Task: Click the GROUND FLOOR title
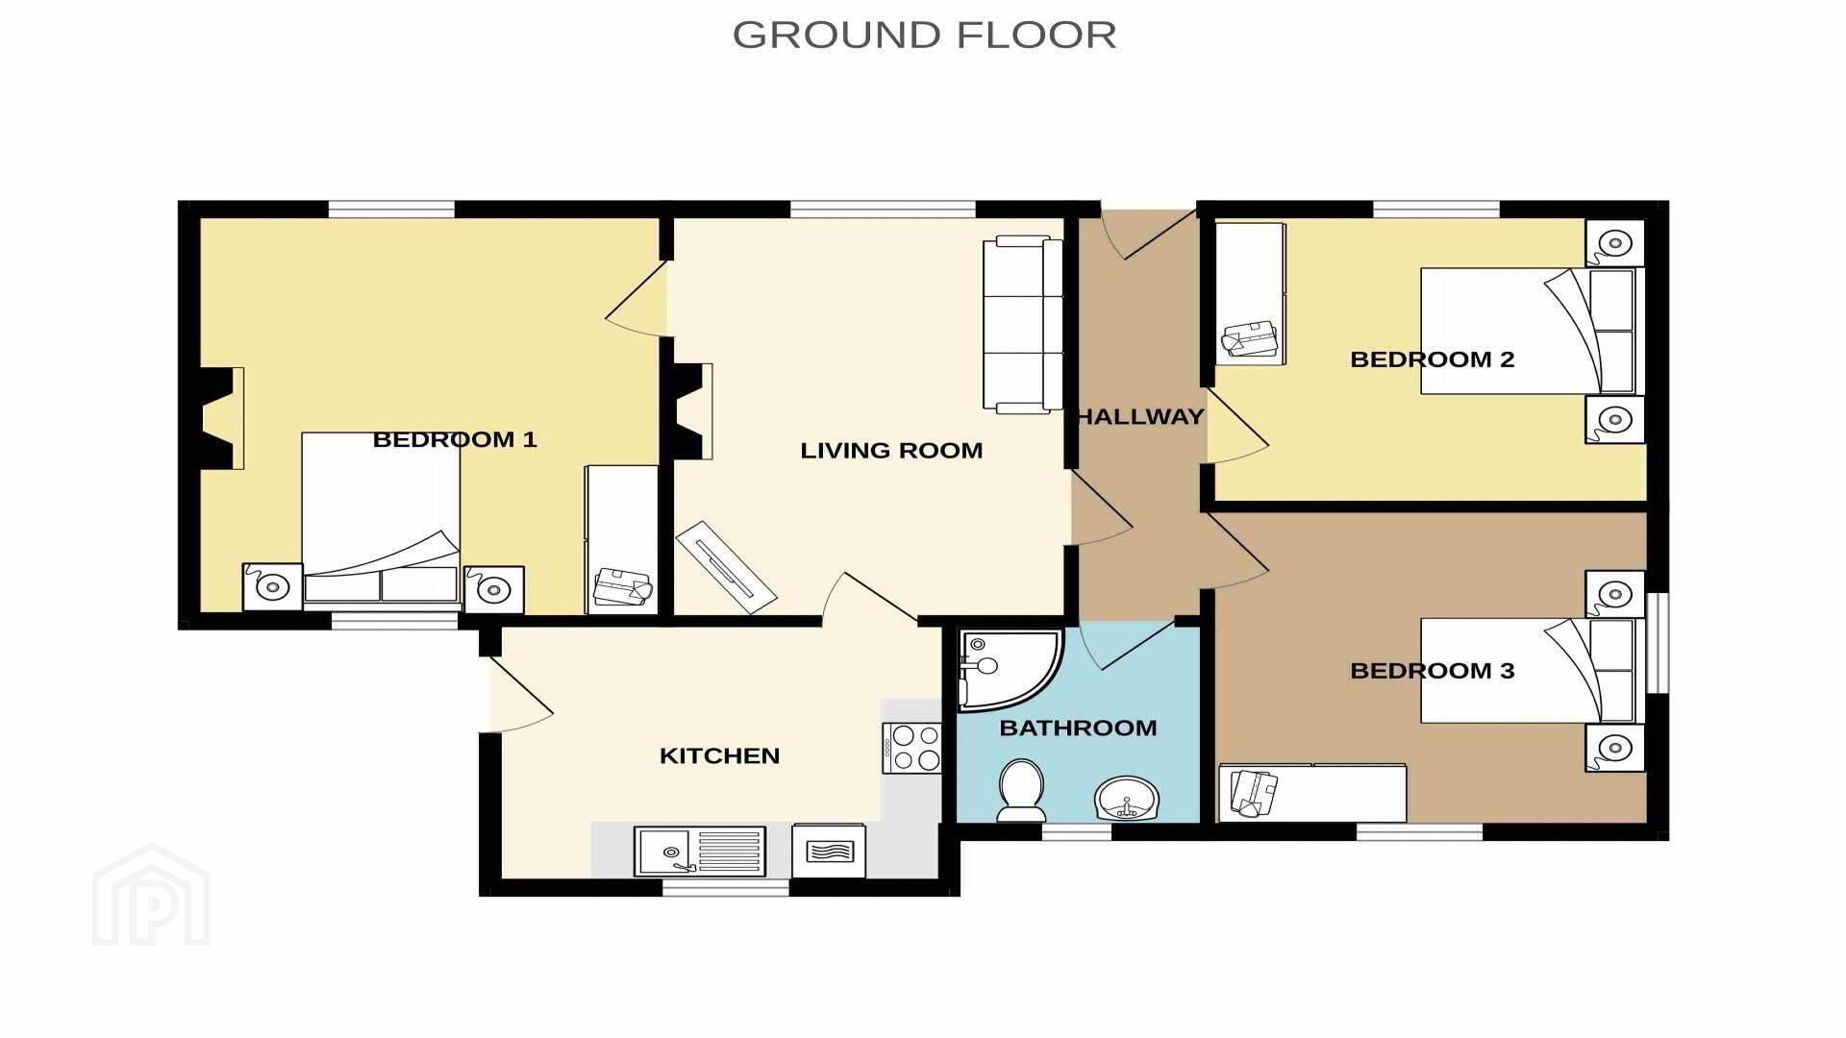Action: (924, 36)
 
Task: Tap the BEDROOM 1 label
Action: (455, 440)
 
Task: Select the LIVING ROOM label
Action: (891, 451)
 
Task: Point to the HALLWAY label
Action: (1140, 417)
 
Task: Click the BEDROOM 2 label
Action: (1433, 359)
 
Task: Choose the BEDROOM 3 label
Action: (1433, 671)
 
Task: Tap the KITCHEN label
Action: (719, 756)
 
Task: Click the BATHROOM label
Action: (1078, 729)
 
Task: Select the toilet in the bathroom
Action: (1021, 790)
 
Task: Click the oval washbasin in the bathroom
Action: (1127, 798)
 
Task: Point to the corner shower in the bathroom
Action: (1010, 670)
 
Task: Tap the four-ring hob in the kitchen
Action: (911, 748)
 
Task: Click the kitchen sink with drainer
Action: (700, 852)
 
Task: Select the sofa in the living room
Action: (1023, 325)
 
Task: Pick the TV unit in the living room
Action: (725, 567)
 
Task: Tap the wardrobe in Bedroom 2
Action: (1250, 294)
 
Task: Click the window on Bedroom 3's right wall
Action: (1658, 642)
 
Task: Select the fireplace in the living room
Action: (692, 411)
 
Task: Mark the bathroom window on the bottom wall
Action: (1077, 831)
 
